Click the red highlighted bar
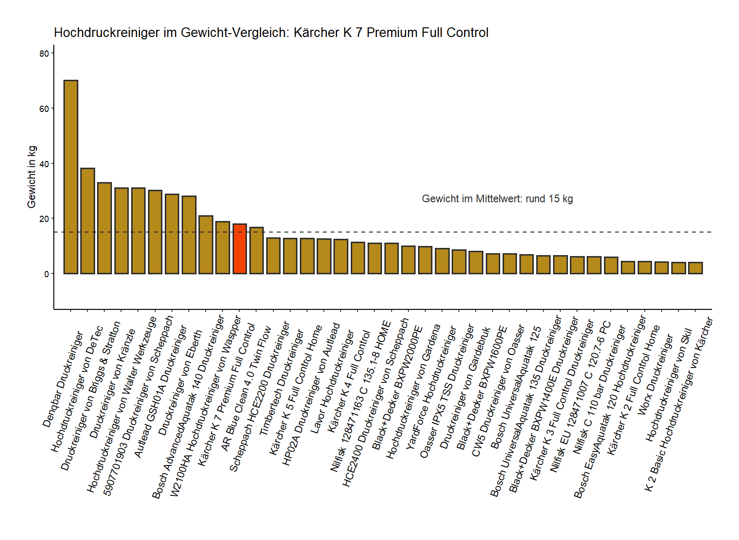click(239, 249)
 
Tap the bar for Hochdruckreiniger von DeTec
click(87, 221)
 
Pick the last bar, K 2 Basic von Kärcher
click(695, 268)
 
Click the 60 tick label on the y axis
click(45, 109)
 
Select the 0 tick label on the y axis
click(47, 274)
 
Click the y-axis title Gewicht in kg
click(32, 177)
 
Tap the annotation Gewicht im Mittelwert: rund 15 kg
click(497, 199)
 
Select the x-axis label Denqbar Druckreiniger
click(63, 380)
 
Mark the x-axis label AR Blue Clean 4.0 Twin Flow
click(246, 389)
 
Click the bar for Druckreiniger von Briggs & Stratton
click(104, 228)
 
